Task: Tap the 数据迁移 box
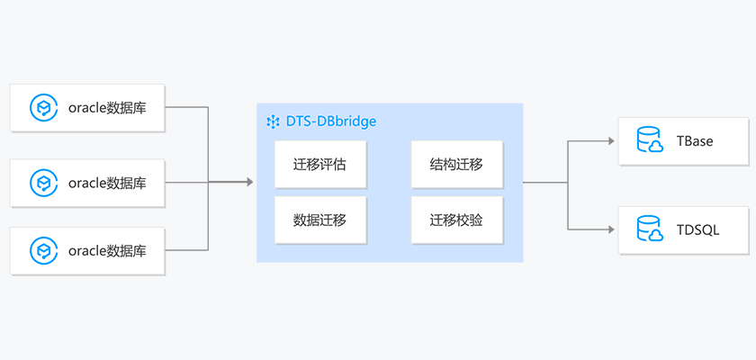click(320, 220)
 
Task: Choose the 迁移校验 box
click(456, 220)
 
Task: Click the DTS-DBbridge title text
click(331, 121)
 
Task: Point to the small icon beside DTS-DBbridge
click(273, 121)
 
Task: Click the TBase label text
click(695, 141)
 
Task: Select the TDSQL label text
click(697, 230)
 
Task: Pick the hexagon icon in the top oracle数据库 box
click(42, 108)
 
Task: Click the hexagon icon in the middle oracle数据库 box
click(42, 183)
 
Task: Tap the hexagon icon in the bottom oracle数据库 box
click(42, 249)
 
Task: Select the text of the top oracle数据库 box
click(107, 108)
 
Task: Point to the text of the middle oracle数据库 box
click(107, 183)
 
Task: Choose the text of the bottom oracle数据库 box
click(107, 249)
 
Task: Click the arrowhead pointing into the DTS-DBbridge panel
click(248, 183)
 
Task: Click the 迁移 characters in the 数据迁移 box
click(334, 220)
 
